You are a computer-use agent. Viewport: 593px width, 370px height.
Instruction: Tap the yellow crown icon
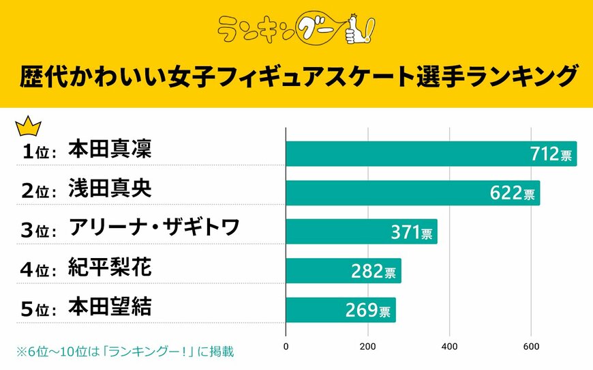point(28,126)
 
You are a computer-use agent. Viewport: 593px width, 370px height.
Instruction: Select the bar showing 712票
point(431,154)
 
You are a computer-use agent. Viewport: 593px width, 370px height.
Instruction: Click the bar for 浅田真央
point(412,193)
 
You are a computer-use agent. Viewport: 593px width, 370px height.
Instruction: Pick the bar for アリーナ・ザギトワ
point(361,232)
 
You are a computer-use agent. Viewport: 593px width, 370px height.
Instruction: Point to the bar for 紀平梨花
point(343,271)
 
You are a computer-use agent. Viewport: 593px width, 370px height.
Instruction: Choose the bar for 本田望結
point(340,310)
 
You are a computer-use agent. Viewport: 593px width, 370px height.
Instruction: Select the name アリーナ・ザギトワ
point(154,228)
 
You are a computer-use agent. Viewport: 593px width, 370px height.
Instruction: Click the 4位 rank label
point(39,270)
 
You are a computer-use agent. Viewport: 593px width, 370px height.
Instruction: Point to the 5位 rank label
point(39,309)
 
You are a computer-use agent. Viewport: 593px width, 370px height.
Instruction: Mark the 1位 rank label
point(39,152)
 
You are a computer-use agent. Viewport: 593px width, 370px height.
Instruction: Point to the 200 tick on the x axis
point(368,346)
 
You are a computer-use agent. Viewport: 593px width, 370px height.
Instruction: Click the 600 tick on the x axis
point(532,346)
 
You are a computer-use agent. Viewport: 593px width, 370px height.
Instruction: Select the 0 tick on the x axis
point(286,346)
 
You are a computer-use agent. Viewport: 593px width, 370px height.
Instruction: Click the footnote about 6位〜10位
point(126,352)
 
